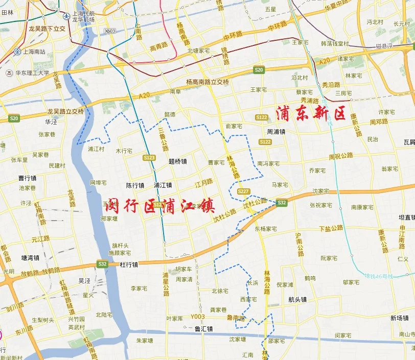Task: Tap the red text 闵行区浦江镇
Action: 159,206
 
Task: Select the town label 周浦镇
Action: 275,131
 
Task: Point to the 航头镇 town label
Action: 297,300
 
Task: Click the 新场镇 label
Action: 399,318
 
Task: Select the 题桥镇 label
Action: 177,161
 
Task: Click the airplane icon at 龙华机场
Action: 66,16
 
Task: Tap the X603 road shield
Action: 110,31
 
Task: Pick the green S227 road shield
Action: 243,191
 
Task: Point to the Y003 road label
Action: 197,316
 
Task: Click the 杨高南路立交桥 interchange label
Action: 207,82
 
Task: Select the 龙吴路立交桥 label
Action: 65,111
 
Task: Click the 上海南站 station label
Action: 30,52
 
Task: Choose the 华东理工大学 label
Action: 31,73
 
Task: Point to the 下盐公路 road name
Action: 330,228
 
